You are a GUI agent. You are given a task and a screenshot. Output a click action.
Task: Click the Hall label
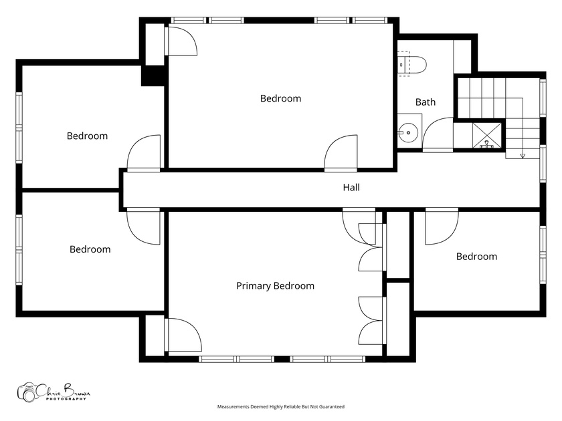pyautogui.click(x=351, y=187)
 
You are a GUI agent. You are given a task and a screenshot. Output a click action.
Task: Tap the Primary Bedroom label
pyautogui.click(x=275, y=286)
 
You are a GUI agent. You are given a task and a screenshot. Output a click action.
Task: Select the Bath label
pyautogui.click(x=426, y=102)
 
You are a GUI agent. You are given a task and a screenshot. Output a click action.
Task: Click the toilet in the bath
pyautogui.click(x=411, y=63)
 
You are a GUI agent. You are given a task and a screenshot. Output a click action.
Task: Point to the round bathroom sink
pyautogui.click(x=409, y=132)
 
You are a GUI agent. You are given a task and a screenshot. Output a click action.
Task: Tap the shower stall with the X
pyautogui.click(x=487, y=135)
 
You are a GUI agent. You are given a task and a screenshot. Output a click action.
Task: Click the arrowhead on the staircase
pyautogui.click(x=523, y=156)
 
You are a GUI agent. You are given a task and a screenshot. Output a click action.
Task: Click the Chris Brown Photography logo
pyautogui.click(x=54, y=392)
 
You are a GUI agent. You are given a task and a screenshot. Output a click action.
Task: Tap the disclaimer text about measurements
pyautogui.click(x=280, y=407)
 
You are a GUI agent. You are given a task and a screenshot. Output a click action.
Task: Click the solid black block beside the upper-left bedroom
pyautogui.click(x=153, y=76)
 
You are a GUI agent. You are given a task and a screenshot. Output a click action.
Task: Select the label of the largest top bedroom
pyautogui.click(x=280, y=98)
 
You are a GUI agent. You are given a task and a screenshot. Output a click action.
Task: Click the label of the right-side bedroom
pyautogui.click(x=476, y=257)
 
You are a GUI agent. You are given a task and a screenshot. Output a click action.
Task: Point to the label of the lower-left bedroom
pyautogui.click(x=90, y=249)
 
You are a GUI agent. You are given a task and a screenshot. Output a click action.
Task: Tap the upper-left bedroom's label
pyautogui.click(x=87, y=136)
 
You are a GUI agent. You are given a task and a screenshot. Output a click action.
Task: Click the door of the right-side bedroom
pyautogui.click(x=442, y=227)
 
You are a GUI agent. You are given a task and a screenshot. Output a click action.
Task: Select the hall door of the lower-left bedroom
pyautogui.click(x=143, y=227)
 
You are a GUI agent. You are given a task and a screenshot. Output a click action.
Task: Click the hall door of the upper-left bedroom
pyautogui.click(x=144, y=152)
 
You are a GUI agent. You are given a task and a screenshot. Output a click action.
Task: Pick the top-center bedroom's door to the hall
pyautogui.click(x=341, y=152)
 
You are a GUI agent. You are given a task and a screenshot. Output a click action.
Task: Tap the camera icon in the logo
pyautogui.click(x=27, y=392)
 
